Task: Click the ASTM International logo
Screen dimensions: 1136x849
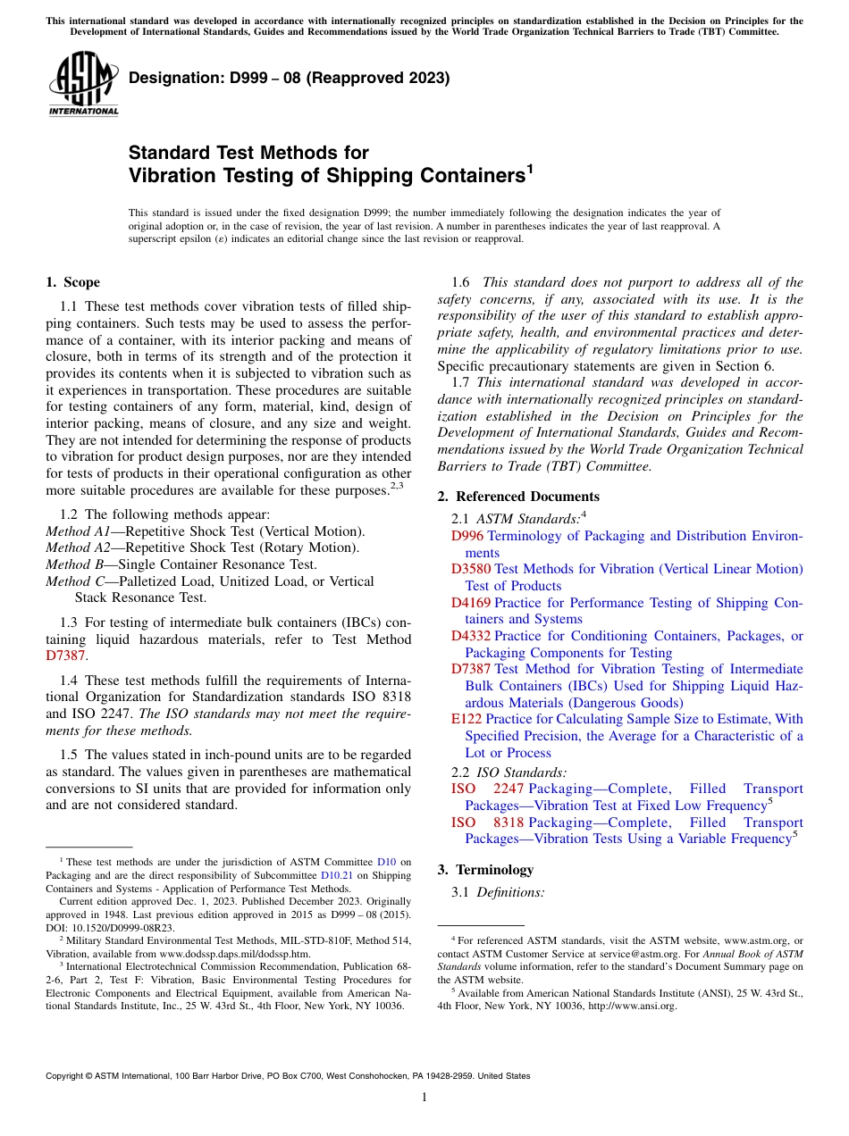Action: tap(83, 86)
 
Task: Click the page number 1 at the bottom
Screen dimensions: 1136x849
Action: tap(424, 1097)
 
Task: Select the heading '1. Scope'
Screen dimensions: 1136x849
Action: tap(73, 282)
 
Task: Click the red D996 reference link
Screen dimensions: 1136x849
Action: tap(467, 536)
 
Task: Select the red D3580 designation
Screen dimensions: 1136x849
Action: tap(471, 569)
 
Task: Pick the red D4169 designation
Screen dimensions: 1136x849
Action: tap(471, 603)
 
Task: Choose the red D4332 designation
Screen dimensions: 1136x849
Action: tap(471, 636)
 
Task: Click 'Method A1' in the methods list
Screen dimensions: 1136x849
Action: tap(75, 531)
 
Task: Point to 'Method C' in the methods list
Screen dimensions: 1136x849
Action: tap(71, 581)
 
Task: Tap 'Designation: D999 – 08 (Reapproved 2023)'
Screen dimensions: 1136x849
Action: tap(289, 79)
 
